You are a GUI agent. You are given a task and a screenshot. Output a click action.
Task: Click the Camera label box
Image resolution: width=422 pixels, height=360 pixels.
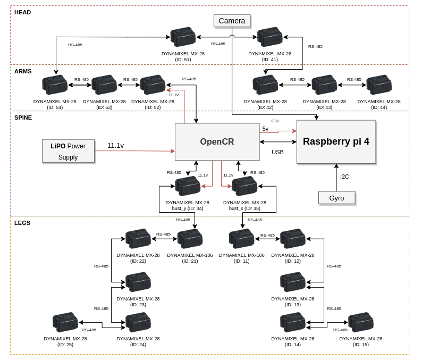pyautogui.click(x=232, y=21)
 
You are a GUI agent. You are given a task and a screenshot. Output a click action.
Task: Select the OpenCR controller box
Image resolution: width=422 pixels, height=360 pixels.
pyautogui.click(x=217, y=142)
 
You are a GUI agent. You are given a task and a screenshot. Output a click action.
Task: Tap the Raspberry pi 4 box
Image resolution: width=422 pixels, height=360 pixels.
pyautogui.click(x=336, y=141)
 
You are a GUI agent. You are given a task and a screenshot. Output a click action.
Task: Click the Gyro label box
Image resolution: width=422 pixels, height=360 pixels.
pyautogui.click(x=336, y=198)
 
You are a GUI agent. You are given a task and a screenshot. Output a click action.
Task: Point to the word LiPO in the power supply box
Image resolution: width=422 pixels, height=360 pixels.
pyautogui.click(x=58, y=146)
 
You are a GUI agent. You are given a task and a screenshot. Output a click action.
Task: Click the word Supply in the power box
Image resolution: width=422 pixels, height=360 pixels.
pyautogui.click(x=68, y=157)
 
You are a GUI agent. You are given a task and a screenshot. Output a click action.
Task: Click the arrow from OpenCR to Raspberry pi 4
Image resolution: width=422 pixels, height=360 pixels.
pyautogui.click(x=278, y=131)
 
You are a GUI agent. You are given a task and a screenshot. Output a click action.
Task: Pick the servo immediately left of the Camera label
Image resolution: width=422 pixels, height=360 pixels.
pyautogui.click(x=183, y=37)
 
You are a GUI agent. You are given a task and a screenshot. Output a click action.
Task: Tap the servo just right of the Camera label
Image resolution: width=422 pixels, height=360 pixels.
pyautogui.click(x=270, y=37)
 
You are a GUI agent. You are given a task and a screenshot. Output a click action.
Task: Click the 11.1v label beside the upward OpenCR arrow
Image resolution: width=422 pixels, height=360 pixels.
pyautogui.click(x=173, y=95)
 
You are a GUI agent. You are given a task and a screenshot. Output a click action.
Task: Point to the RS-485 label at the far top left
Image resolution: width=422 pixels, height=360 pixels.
pyautogui.click(x=75, y=45)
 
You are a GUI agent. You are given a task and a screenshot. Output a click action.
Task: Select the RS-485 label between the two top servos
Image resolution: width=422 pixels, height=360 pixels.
pyautogui.click(x=218, y=44)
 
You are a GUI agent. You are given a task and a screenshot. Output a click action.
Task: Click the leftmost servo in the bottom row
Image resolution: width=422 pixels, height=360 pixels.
pyautogui.click(x=65, y=322)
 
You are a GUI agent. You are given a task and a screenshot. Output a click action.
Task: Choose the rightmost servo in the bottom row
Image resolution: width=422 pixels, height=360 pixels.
pyautogui.click(x=361, y=322)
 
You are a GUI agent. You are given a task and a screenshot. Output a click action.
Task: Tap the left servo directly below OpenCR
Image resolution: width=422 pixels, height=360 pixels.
pyautogui.click(x=188, y=186)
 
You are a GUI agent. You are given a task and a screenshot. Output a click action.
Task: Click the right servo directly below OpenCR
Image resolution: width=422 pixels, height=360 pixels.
pyautogui.click(x=245, y=186)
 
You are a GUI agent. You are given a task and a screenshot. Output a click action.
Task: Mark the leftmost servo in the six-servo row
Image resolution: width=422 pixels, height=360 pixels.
pyautogui.click(x=55, y=85)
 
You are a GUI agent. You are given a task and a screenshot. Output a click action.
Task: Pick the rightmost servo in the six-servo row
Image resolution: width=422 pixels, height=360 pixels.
pyautogui.click(x=379, y=85)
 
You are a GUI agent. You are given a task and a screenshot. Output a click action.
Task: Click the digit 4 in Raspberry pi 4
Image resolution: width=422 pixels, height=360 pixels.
pyautogui.click(x=366, y=141)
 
